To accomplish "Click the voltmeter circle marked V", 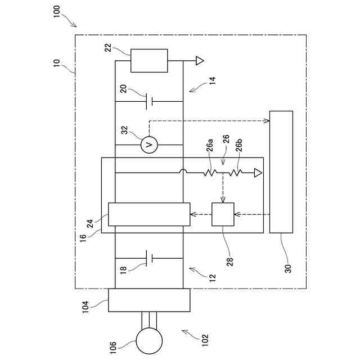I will (149, 145).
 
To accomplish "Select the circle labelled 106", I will (149, 340).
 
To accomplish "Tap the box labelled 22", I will (149, 60).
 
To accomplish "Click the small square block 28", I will (222, 214).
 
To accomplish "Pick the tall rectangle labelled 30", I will (281, 172).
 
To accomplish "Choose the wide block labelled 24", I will (149, 214).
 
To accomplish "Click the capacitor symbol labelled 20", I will (149, 102).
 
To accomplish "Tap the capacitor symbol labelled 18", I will (149, 258).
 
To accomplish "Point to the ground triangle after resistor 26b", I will (258, 173).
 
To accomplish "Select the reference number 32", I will (124, 130).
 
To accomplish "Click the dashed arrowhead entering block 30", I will (267, 120).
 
